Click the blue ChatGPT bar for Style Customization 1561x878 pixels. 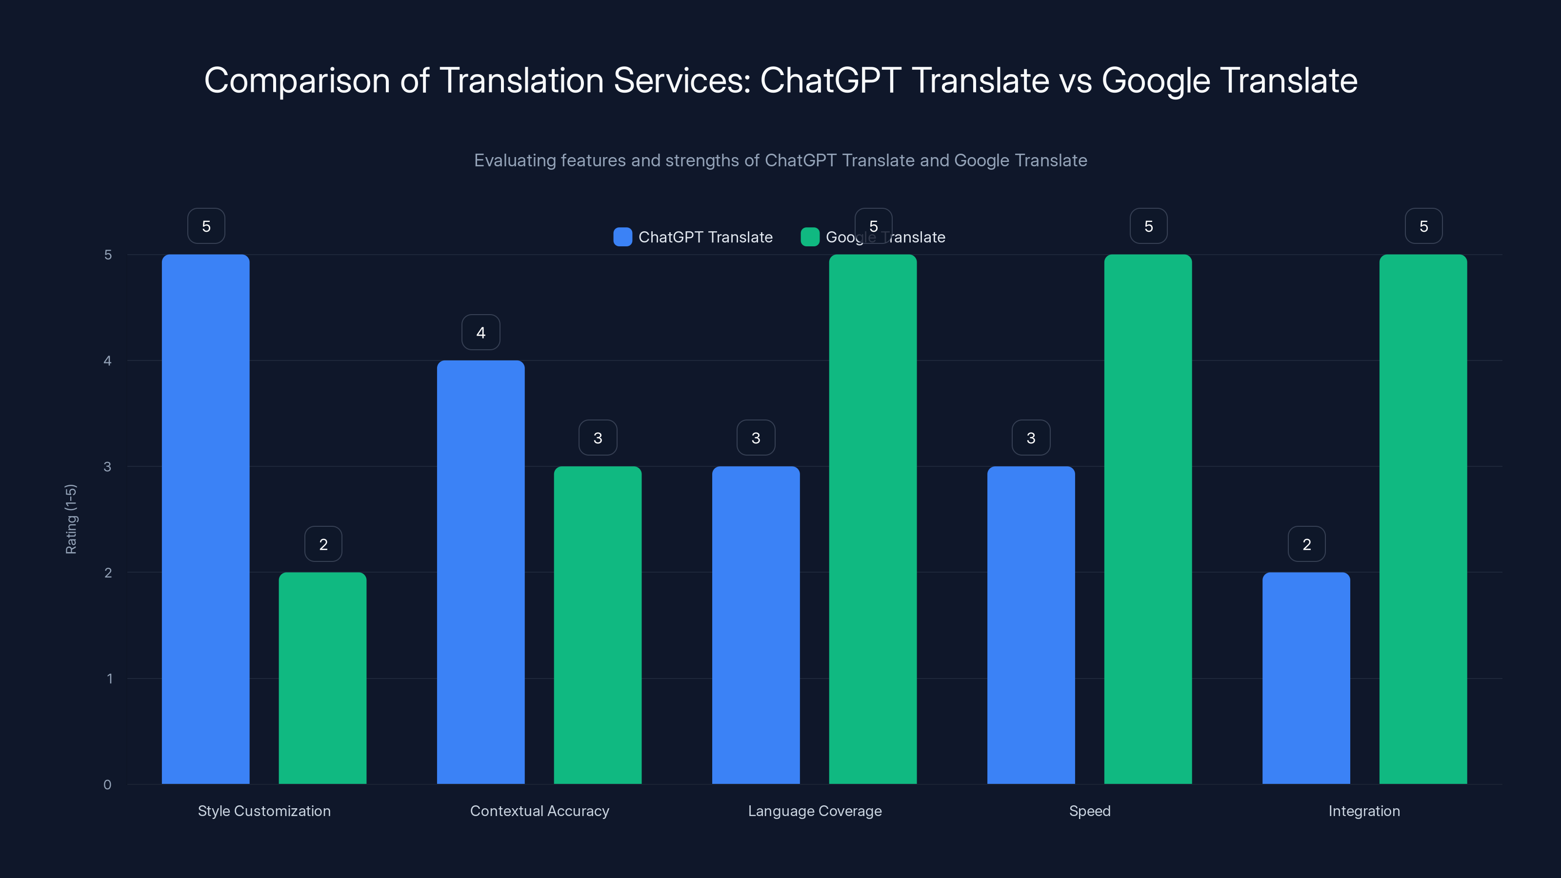coord(205,519)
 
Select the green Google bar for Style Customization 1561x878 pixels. coord(322,678)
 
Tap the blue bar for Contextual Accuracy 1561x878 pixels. coord(480,571)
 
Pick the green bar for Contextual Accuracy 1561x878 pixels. coord(598,625)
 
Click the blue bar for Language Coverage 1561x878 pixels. coord(756,625)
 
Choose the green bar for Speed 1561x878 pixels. coord(1148,519)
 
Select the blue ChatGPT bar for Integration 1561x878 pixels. coord(1306,678)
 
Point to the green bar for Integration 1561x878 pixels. coord(1423,519)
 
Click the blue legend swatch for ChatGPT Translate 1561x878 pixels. coord(622,237)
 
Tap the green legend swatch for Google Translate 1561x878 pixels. coord(810,237)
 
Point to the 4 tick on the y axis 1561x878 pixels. coord(108,361)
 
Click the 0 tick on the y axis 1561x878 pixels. coord(108,785)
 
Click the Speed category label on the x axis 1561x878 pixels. coord(1090,811)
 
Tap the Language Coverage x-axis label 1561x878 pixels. coord(815,811)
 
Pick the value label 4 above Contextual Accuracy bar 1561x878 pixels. coord(480,332)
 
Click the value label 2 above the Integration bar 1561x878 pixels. coord(1306,544)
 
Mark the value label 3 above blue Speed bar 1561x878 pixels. coord(1031,438)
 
